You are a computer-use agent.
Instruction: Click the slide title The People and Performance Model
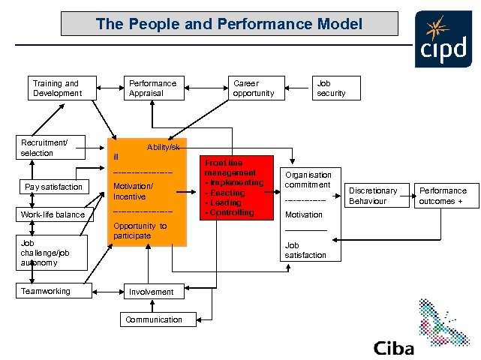coord(229,24)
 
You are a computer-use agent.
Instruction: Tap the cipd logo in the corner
coord(443,39)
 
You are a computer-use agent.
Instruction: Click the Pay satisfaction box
coord(54,187)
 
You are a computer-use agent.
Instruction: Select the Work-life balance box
coord(54,215)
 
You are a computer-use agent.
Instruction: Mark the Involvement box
coord(152,292)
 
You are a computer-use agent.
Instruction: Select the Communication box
coord(153,319)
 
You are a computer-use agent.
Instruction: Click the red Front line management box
coord(235,187)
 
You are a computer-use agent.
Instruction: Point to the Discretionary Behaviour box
coord(372,196)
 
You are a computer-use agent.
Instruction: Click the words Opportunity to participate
coord(140,231)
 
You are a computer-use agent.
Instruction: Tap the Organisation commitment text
coord(308,180)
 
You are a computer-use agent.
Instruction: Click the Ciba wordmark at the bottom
coord(393,349)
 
